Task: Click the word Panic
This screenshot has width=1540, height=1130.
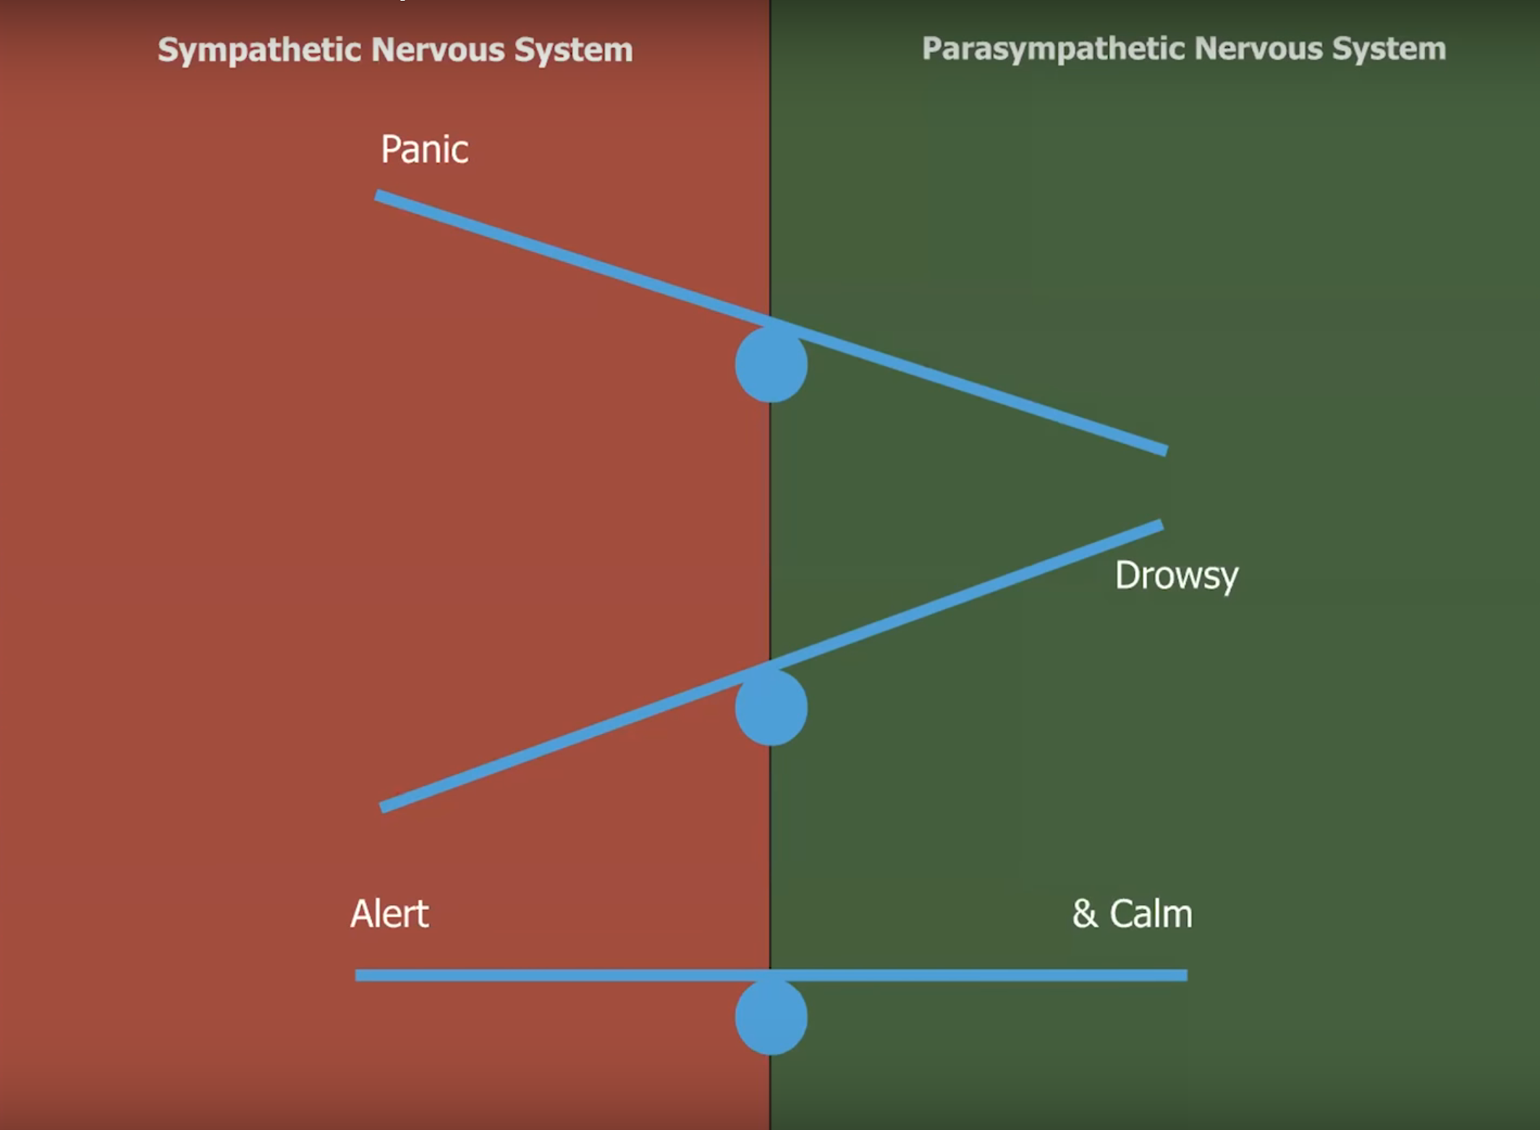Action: coord(424,150)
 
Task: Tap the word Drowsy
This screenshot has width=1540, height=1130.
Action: coord(1176,577)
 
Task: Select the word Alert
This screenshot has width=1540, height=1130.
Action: coord(389,914)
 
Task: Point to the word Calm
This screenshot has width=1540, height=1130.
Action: coord(1151,914)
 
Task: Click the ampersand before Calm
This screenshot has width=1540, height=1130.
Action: coord(1084,914)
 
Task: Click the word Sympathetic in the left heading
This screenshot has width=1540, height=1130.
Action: coord(259,50)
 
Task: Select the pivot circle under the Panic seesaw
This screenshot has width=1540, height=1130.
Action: coord(771,365)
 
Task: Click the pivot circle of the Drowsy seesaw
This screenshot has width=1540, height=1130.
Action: coord(771,708)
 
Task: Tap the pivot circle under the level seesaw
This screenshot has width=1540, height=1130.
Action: coord(771,1017)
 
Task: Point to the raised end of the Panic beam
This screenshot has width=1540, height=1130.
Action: coord(379,196)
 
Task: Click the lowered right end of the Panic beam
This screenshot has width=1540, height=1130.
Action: coord(1162,450)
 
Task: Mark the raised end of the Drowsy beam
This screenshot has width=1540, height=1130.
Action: coord(1158,526)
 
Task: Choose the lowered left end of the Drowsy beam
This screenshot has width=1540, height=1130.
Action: coord(384,807)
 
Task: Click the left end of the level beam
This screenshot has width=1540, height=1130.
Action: coord(360,975)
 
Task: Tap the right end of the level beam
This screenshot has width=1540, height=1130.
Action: coord(1182,975)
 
